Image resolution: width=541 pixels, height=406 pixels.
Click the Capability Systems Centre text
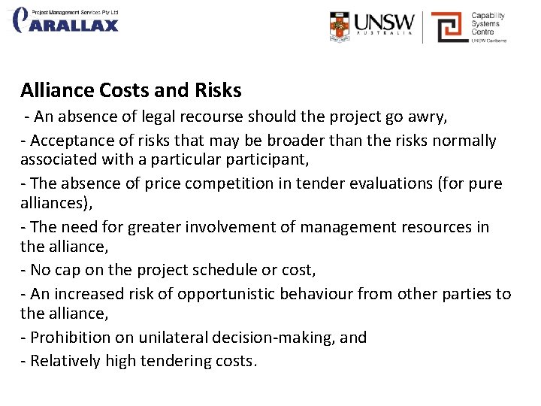click(x=488, y=23)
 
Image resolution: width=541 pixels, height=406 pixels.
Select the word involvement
click(x=244, y=227)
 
